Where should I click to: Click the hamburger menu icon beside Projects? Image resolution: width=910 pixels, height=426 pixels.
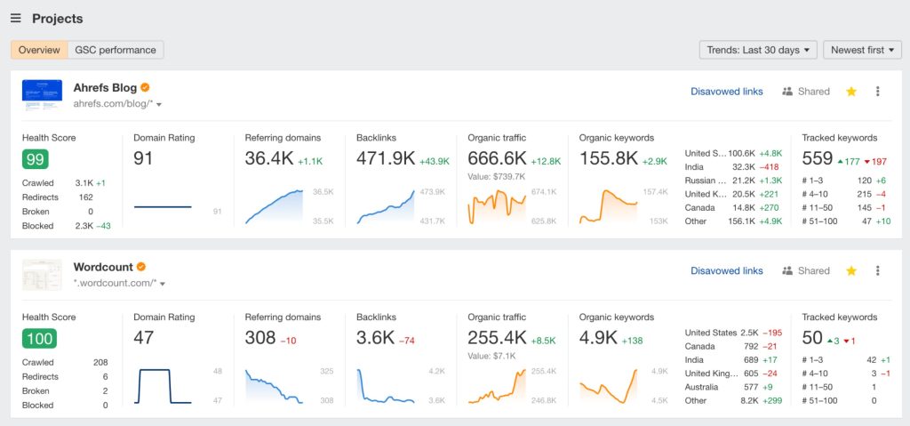point(16,19)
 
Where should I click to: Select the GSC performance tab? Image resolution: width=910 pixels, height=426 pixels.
point(116,50)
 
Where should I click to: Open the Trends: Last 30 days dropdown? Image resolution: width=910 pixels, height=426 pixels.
point(758,50)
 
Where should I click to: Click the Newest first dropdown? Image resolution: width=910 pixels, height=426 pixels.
point(862,50)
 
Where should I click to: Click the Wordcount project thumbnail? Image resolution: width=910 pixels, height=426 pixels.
point(42,276)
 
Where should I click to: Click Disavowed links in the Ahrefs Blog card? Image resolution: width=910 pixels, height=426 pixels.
point(726,92)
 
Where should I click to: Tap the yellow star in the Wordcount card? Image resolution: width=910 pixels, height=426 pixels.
point(851,271)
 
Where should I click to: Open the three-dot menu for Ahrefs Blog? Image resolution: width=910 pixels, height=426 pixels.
point(878,92)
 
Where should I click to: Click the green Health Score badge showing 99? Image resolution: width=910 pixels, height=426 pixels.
point(36,159)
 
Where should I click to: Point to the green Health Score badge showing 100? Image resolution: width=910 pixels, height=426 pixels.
point(39,338)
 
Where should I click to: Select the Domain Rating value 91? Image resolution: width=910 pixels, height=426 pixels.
point(144,158)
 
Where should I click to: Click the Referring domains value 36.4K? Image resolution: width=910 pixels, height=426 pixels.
point(269,158)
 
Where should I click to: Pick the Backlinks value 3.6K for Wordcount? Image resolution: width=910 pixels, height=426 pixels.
point(374,338)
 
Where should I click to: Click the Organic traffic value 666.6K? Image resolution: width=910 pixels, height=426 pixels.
point(497,158)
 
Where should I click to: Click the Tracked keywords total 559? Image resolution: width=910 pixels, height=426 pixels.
point(817,158)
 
